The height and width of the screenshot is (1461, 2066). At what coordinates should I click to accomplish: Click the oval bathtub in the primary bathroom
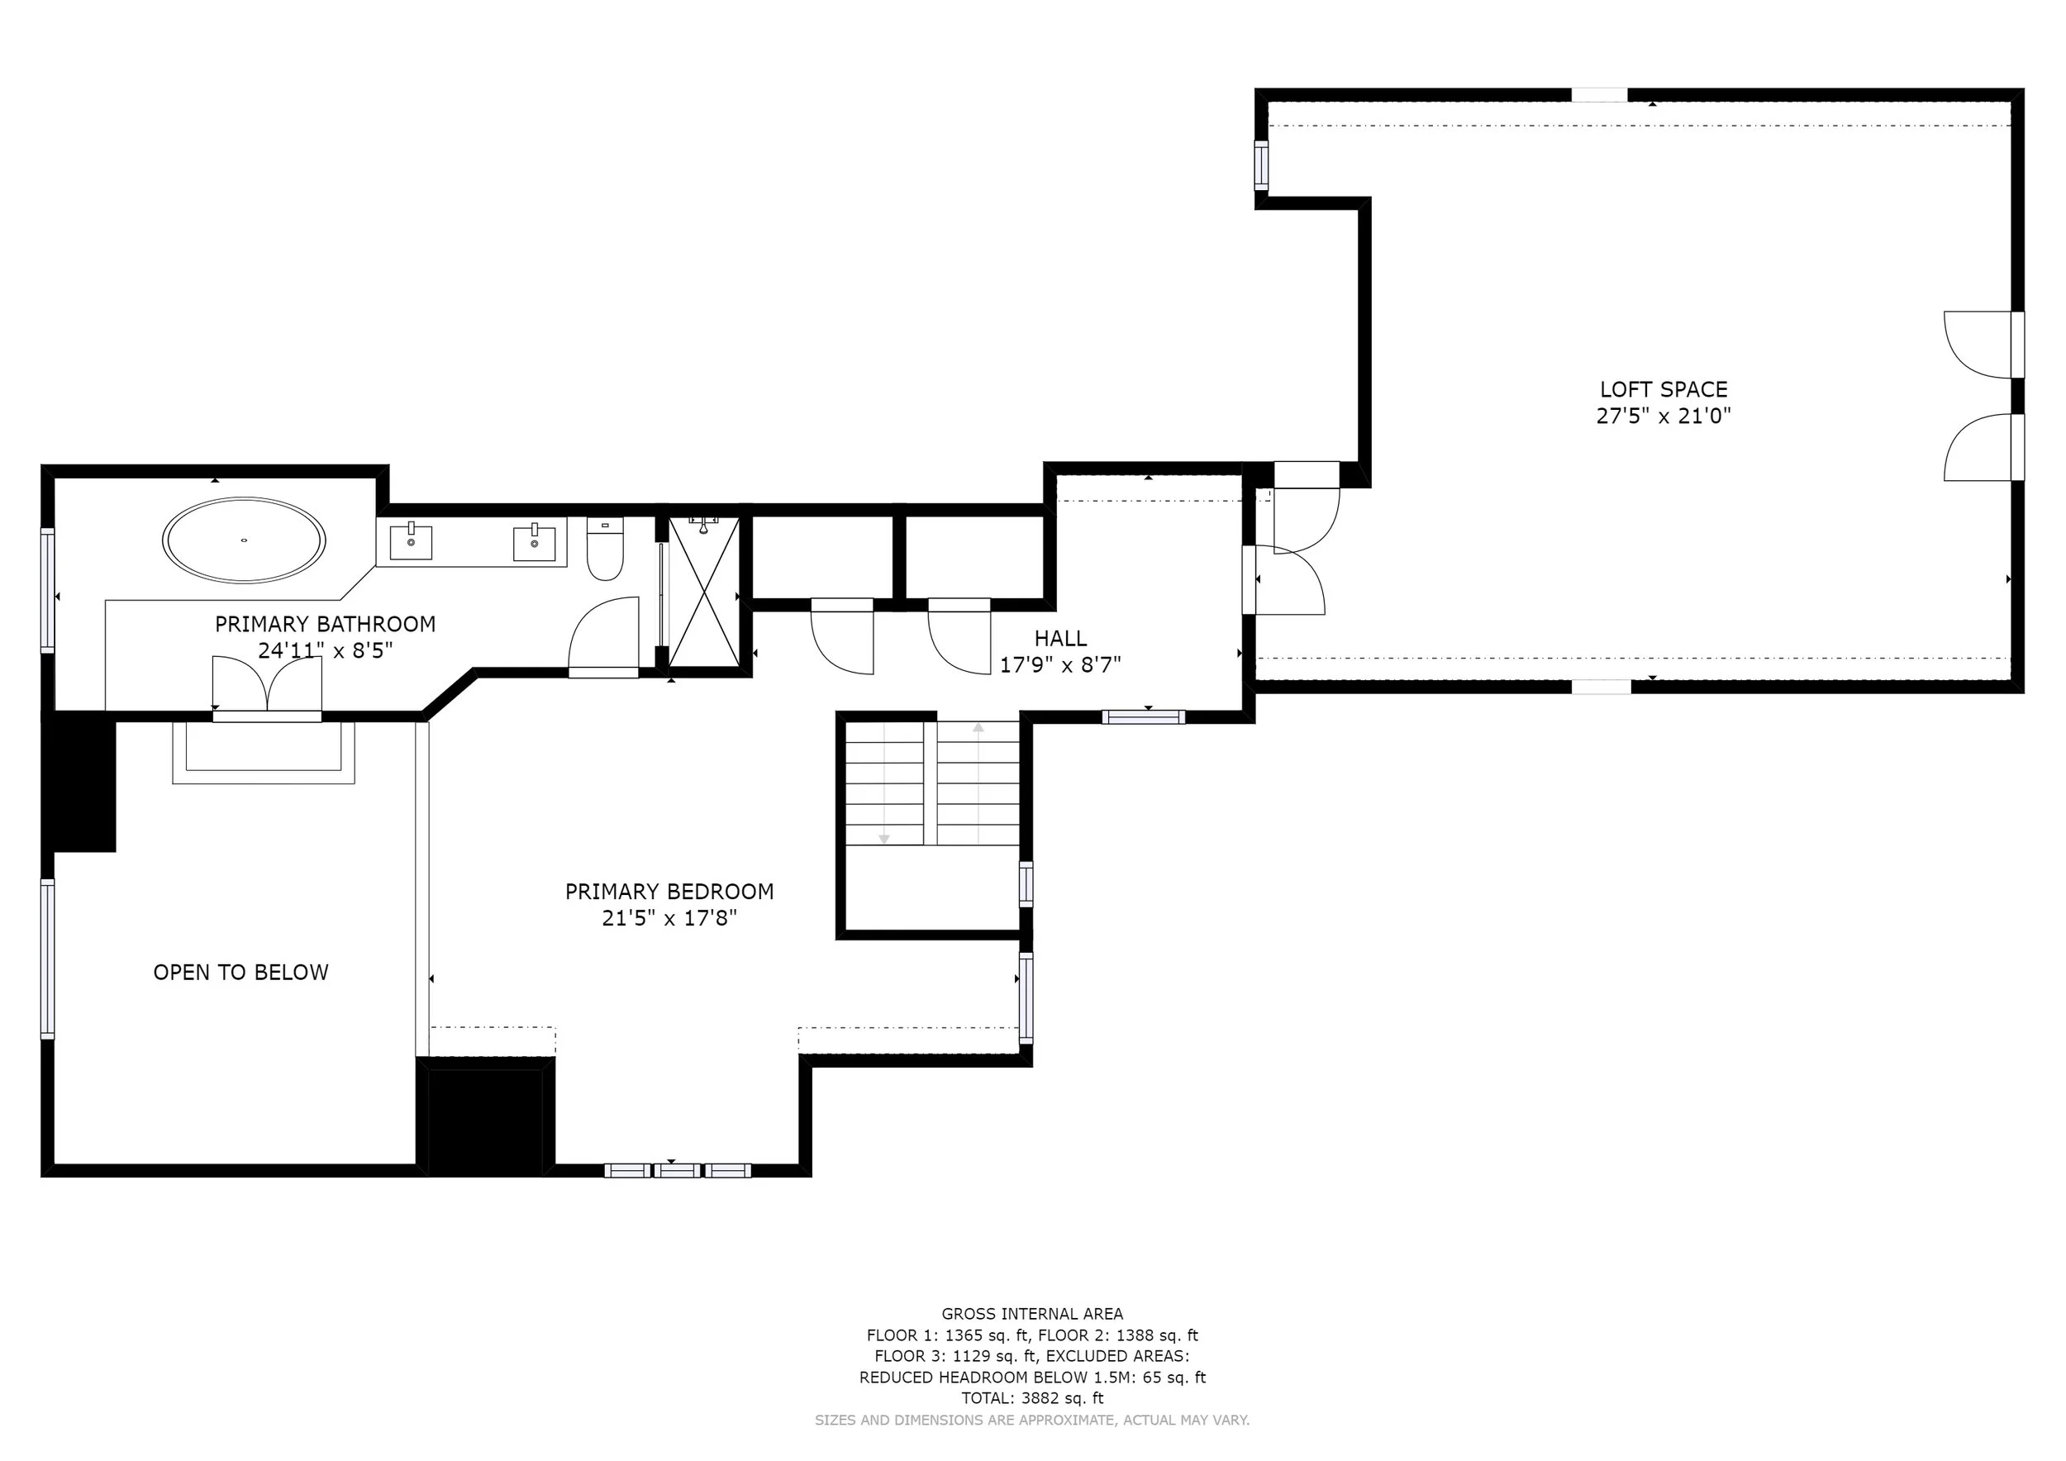244,540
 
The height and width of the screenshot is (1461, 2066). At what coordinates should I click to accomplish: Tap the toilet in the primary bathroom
605,548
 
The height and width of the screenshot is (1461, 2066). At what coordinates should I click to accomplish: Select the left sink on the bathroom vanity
411,540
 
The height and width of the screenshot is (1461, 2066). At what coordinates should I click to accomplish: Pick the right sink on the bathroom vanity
535,542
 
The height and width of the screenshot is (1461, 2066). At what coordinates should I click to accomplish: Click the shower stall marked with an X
703,592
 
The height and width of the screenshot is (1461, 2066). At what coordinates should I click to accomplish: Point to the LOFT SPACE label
1664,389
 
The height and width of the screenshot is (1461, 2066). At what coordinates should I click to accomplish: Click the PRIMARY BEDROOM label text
669,892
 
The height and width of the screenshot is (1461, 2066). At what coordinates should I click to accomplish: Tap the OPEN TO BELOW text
241,973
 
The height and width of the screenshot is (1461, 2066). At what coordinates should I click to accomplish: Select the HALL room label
1061,639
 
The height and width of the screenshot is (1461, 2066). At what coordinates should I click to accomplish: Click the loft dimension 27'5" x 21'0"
1664,416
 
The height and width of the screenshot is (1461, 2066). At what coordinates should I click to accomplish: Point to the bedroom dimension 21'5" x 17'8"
669,917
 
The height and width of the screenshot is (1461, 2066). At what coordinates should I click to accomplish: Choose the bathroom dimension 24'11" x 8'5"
326,650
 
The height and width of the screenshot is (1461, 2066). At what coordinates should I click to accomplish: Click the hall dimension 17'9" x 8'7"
1061,665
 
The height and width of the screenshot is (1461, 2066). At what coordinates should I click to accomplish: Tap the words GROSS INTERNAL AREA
1032,1315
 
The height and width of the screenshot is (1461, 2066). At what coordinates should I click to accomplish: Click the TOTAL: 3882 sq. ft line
1032,1399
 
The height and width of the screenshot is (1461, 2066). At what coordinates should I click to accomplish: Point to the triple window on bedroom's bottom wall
677,1170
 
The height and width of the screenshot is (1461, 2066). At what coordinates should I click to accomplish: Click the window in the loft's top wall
1600,94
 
